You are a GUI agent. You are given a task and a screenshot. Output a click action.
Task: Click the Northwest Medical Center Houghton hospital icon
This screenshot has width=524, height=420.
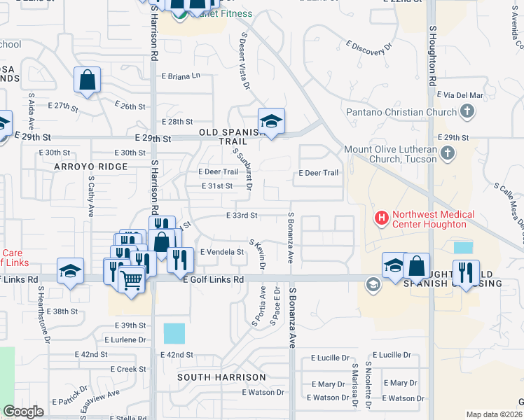tap(382, 219)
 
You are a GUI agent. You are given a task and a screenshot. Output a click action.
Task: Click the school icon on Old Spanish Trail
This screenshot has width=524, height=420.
tap(271, 120)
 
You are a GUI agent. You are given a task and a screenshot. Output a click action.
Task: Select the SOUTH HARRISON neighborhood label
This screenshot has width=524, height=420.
tap(221, 377)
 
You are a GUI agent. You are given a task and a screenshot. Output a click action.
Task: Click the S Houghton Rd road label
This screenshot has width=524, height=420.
tap(433, 52)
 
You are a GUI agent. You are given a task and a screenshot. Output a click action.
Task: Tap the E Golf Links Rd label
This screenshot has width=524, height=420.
tap(213, 279)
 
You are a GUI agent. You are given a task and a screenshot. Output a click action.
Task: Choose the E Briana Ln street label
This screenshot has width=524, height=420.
tap(181, 76)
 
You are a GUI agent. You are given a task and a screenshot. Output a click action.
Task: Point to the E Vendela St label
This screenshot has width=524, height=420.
tap(221, 252)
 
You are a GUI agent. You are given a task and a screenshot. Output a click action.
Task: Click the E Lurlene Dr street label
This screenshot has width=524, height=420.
tap(125, 340)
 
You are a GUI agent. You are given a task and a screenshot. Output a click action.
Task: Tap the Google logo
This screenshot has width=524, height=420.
tap(24, 412)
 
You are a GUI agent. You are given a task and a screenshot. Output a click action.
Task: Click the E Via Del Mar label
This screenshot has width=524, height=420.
tap(460, 95)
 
